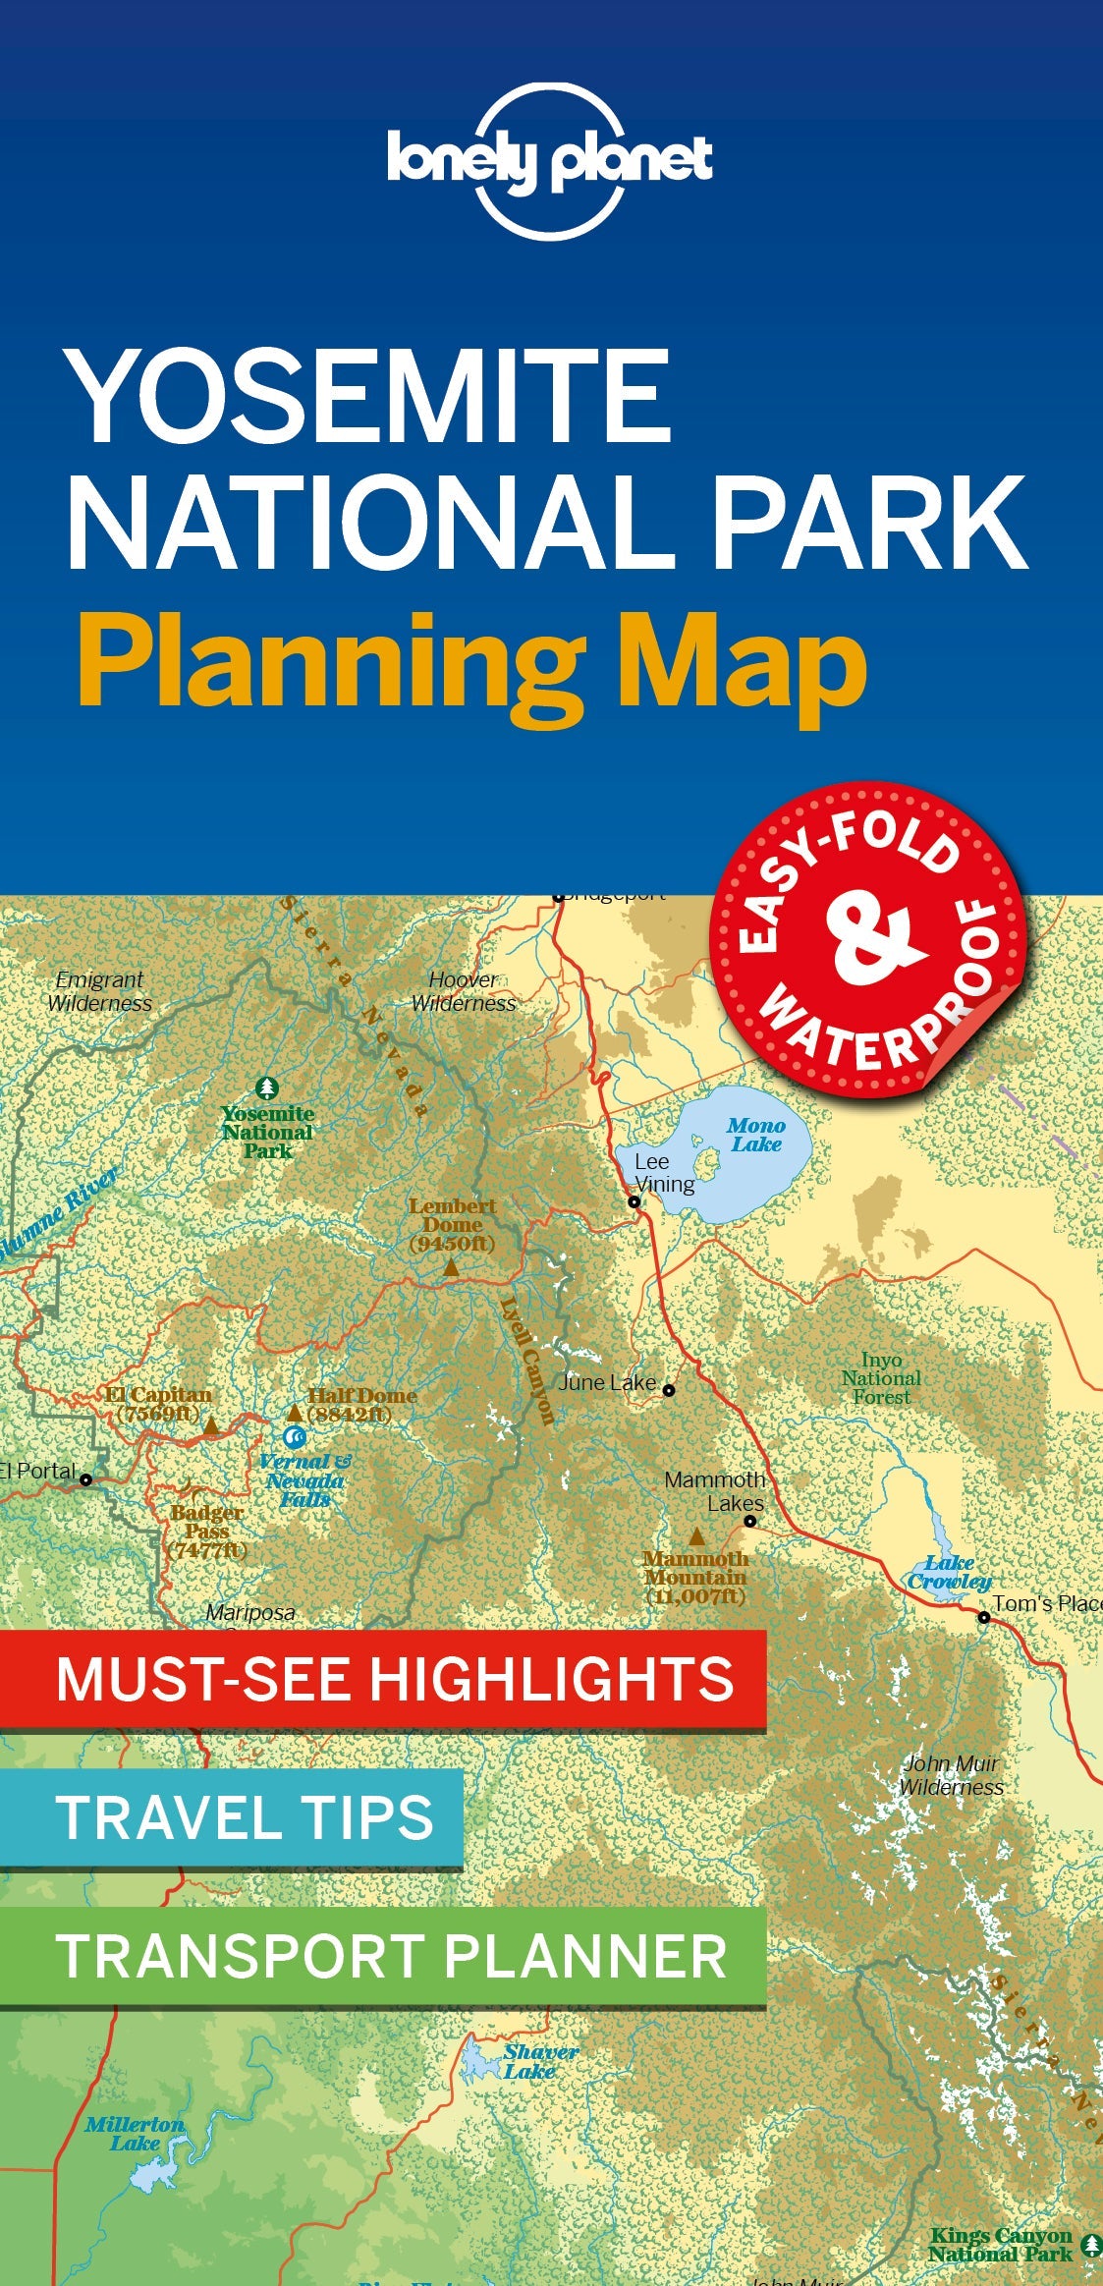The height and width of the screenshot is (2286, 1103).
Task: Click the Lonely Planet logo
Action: [550, 161]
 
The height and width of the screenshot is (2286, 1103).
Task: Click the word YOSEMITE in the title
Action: [369, 397]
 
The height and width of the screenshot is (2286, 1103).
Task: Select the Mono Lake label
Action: [755, 1135]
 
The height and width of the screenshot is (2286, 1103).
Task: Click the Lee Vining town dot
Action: [634, 1201]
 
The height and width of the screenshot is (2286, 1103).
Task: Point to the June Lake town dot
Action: [669, 1390]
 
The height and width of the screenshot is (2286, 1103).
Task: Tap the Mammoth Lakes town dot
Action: [749, 1521]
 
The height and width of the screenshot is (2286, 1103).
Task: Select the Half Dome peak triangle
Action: [294, 1413]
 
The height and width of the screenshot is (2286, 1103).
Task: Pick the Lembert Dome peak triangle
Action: [450, 1268]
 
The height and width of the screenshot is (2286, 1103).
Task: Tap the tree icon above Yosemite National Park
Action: [267, 1087]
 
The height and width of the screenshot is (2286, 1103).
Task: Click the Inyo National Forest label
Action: [881, 1378]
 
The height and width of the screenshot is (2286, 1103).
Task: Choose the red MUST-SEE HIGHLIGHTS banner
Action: [383, 1679]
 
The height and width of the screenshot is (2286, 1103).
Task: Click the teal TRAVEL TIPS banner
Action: [232, 1817]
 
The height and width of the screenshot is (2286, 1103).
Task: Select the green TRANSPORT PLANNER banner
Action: [383, 1956]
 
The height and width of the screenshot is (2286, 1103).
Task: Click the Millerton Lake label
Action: [134, 2133]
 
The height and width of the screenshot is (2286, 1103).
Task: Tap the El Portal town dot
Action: [86, 1479]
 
